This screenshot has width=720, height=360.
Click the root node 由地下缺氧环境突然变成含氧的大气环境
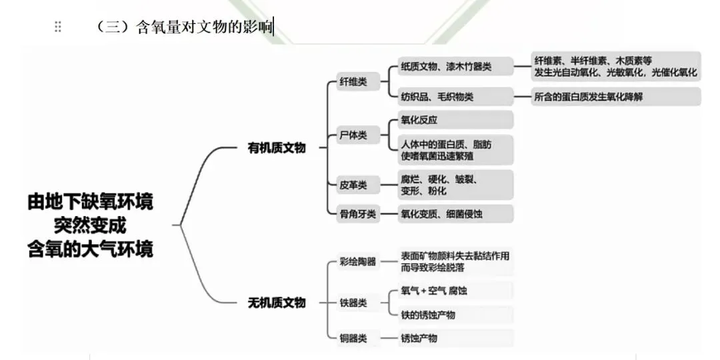point(90,225)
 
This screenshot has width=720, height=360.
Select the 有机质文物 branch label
point(276,148)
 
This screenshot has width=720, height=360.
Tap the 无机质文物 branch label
point(276,303)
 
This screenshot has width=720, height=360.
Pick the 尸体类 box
point(353,135)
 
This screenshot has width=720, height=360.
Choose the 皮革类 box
point(353,185)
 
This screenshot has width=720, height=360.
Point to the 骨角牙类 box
point(358,214)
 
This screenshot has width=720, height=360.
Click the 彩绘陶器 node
point(358,261)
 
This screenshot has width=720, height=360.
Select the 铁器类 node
point(353,303)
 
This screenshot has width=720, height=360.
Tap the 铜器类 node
point(353,338)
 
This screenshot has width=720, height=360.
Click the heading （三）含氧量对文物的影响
point(183,27)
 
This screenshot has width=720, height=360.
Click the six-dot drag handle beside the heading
point(58,27)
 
